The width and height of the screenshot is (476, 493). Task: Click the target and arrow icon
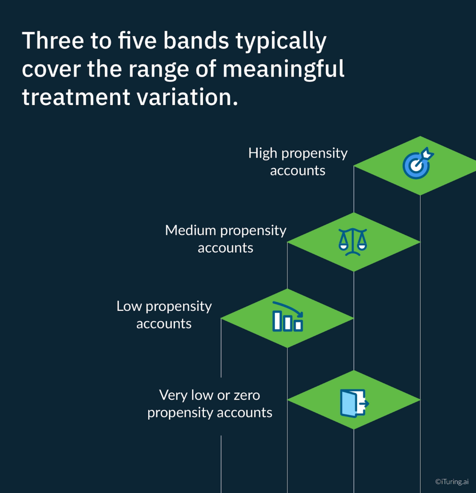(x=417, y=164)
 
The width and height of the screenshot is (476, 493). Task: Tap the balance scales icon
(x=353, y=242)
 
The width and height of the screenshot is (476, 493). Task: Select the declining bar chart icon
(x=287, y=317)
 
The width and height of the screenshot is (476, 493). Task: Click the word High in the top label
(x=263, y=153)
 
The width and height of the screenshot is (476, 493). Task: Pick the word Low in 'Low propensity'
(x=129, y=306)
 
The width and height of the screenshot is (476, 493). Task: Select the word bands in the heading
(x=196, y=41)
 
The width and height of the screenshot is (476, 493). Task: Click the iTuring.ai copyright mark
(x=451, y=481)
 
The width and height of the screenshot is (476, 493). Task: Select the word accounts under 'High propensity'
(x=297, y=170)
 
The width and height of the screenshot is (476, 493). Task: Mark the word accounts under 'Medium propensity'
(x=225, y=248)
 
